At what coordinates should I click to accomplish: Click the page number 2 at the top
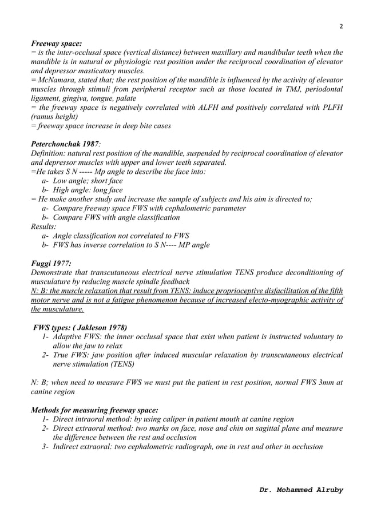pos(341,26)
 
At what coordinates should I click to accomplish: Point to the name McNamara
pos(59,80)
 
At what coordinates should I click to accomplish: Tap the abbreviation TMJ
pos(273,89)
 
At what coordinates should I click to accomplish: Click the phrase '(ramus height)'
pos(55,117)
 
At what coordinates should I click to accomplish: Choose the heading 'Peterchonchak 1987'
pos(64,144)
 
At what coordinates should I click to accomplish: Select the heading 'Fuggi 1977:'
pos(51,263)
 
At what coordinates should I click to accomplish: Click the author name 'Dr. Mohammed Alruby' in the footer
pos(301,490)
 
